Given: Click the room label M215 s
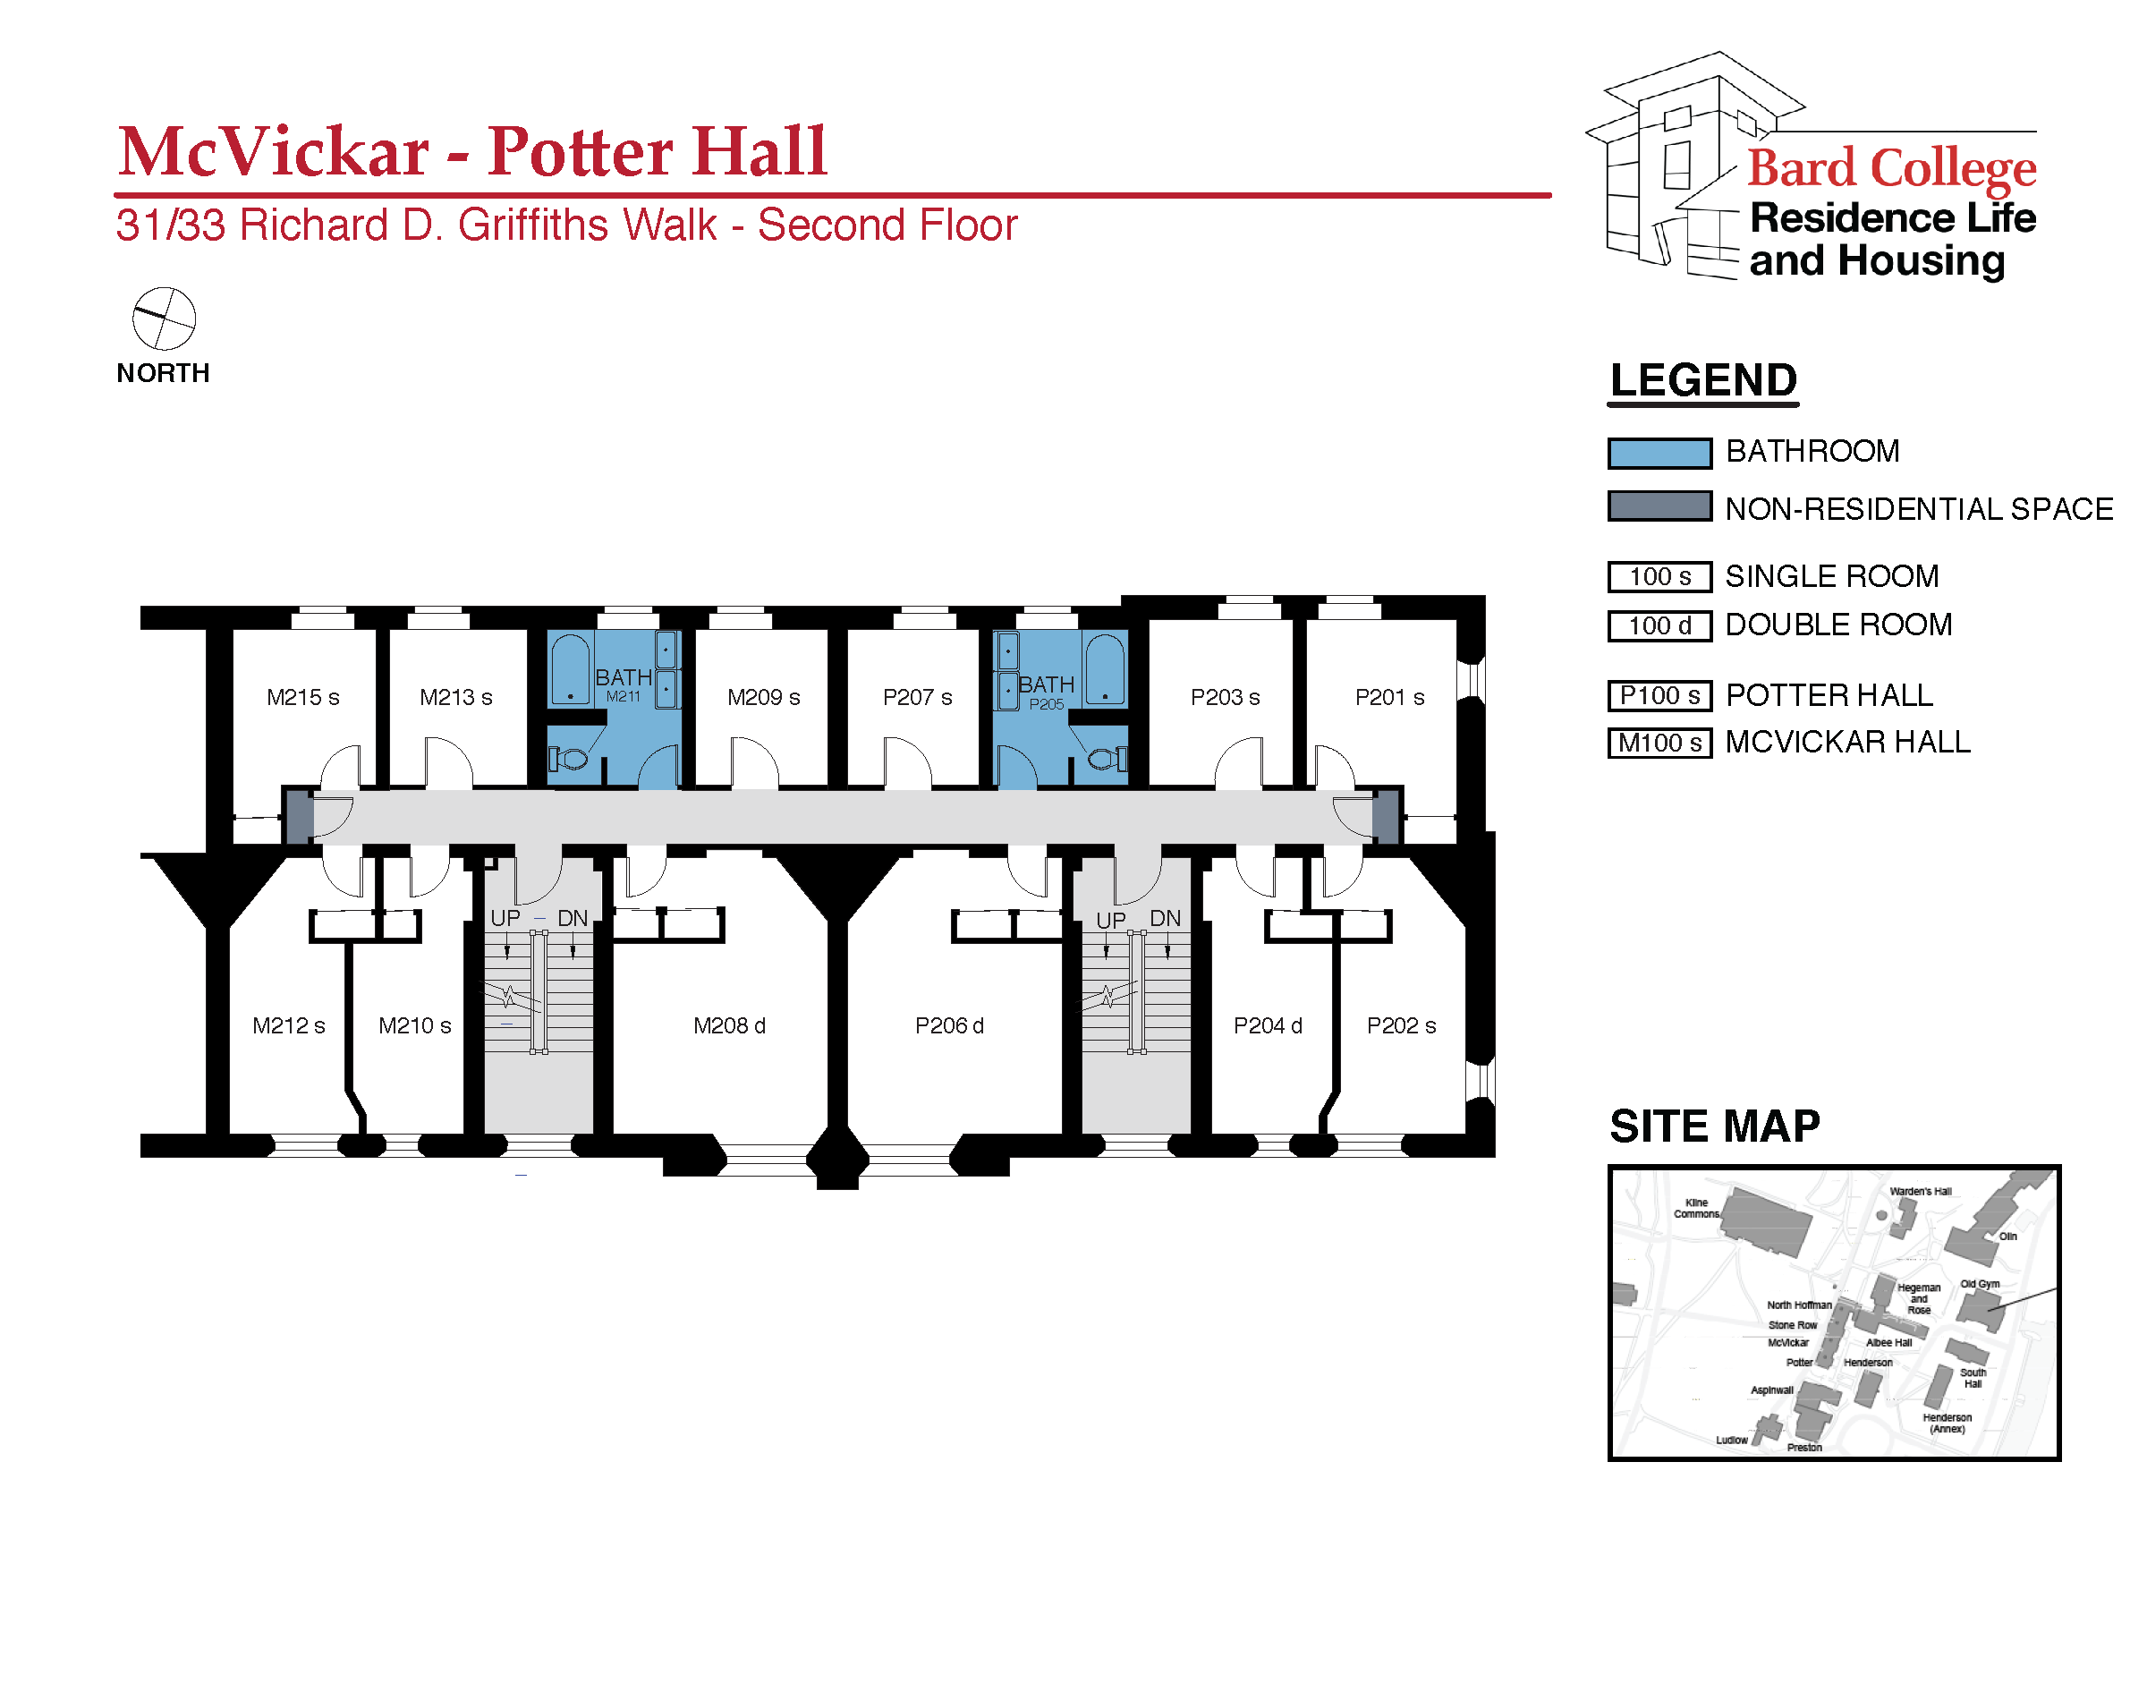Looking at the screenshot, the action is click(302, 698).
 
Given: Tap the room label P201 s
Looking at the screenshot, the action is click(1390, 698).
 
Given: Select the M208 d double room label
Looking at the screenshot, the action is click(729, 1026).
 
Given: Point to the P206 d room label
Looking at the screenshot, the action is click(949, 1026).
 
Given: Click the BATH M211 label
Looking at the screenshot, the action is click(624, 684).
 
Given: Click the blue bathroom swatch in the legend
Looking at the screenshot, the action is click(1659, 453).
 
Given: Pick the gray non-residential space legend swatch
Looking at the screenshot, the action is click(1659, 506).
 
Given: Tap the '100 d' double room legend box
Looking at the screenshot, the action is click(1659, 626).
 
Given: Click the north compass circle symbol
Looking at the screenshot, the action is click(165, 319).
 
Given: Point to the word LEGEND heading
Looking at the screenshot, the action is click(1703, 380).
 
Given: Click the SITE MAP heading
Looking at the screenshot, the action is click(1714, 1126).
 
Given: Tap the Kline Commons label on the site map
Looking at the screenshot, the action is click(1696, 1208).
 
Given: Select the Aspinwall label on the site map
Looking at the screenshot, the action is click(1772, 1390).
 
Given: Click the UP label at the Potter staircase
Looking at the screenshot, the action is click(1110, 921).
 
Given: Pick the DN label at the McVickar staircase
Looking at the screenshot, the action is click(572, 919).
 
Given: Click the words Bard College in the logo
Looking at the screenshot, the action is click(1891, 167).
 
